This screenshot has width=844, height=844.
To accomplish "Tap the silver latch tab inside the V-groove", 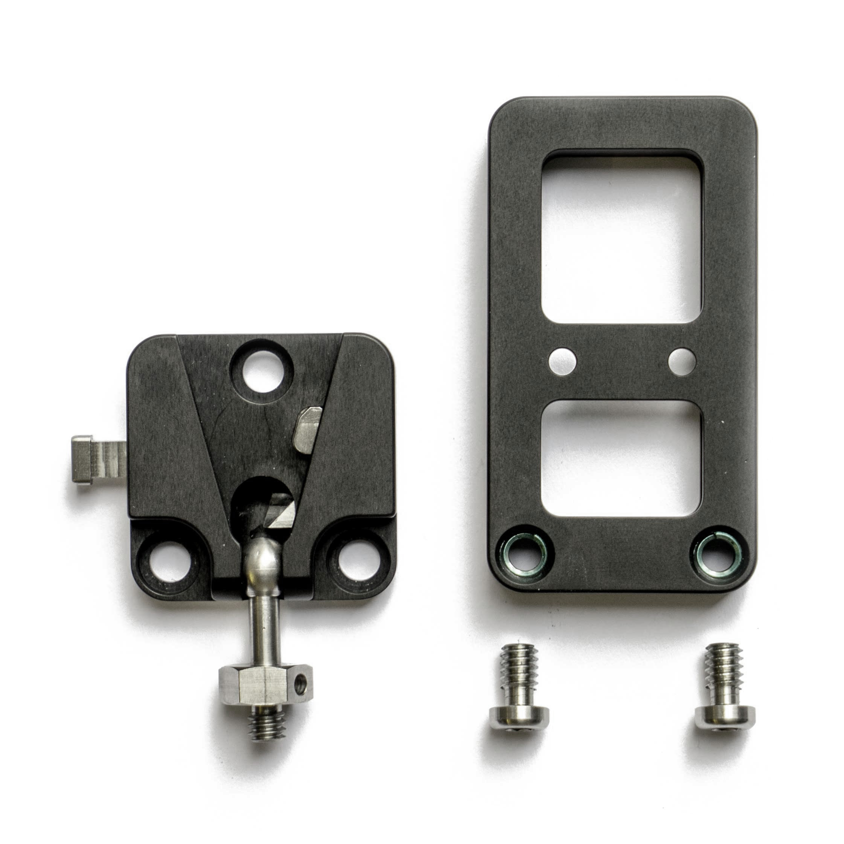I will pyautogui.click(x=308, y=428).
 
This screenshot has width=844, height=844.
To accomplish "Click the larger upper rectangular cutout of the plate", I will pyautogui.click(x=622, y=238).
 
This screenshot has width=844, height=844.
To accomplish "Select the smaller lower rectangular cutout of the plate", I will pyautogui.click(x=622, y=458).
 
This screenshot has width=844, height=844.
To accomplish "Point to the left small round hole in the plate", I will pyautogui.click(x=562, y=361).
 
